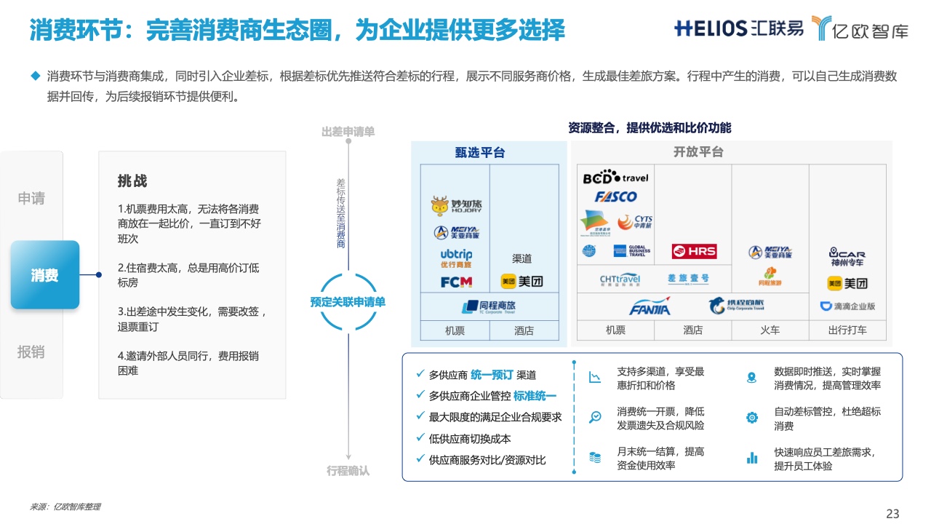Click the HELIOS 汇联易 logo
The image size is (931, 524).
coord(739,28)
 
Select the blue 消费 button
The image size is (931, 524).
coord(45,275)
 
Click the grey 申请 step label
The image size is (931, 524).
coord(31,198)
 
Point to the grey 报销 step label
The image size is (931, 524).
coord(31,352)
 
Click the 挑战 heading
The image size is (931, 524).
coord(132,181)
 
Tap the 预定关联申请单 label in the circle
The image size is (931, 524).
coord(348,301)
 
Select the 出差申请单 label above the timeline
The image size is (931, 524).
coord(348,132)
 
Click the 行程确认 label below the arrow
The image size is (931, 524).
coord(348,471)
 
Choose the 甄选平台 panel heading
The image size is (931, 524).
coord(480,153)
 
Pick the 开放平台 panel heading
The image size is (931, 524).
coord(698,152)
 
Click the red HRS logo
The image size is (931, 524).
coord(694,252)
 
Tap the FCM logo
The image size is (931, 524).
coord(457,282)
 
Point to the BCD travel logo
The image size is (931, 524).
coord(615,178)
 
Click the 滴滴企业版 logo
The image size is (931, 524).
coord(848,306)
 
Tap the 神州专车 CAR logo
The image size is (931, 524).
coord(847,257)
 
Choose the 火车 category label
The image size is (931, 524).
coord(770,330)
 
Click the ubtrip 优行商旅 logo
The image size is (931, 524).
coord(457,258)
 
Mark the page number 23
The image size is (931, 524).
coord(892,514)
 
